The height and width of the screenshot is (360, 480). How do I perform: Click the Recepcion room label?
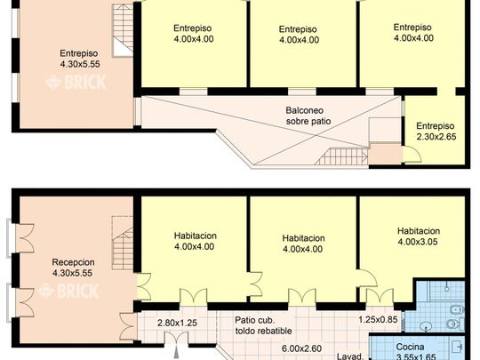click(73, 262)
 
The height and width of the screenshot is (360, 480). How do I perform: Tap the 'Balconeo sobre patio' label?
click(308, 116)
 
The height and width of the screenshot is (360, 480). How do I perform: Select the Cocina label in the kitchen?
click(410, 347)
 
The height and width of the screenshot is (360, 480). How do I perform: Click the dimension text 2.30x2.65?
click(436, 137)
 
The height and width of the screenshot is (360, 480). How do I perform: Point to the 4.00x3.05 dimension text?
click(418, 242)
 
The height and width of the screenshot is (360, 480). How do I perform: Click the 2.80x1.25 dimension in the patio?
click(177, 323)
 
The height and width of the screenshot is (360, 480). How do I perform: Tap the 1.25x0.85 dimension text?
click(378, 320)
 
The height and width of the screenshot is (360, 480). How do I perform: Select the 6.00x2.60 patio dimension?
click(301, 348)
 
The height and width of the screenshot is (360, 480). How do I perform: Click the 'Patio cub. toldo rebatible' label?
click(263, 325)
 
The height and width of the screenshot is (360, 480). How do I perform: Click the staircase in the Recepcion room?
click(123, 243)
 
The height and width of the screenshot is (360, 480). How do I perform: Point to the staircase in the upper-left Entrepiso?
click(123, 30)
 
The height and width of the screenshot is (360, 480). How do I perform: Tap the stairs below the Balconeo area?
click(341, 156)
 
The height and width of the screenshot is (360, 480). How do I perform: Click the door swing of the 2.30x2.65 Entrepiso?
click(412, 155)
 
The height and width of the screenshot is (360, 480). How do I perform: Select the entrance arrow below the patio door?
click(177, 352)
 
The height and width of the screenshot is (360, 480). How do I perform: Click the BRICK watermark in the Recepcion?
click(69, 291)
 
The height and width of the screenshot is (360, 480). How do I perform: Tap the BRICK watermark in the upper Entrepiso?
click(76, 82)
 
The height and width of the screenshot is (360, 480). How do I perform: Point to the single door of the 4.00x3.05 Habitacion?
click(367, 278)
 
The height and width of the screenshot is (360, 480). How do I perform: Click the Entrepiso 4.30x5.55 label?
click(80, 59)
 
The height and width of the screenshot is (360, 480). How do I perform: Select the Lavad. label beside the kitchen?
click(350, 356)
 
